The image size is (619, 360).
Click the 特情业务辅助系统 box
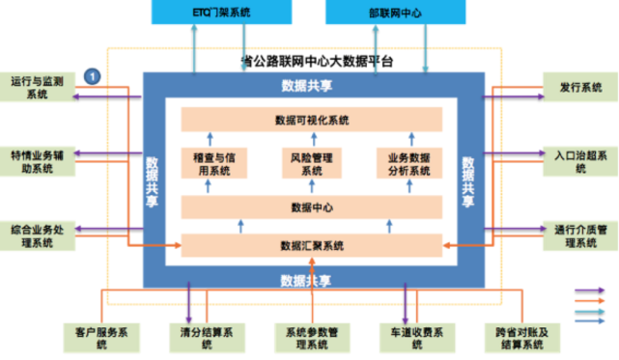(x=38, y=161)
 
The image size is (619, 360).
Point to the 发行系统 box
(x=579, y=87)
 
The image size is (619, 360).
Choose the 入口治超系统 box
(x=579, y=160)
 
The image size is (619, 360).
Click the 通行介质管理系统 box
(x=579, y=235)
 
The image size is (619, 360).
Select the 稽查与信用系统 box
(x=207, y=163)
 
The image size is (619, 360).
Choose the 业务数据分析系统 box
(x=408, y=163)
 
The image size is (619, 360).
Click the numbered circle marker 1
(x=92, y=74)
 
